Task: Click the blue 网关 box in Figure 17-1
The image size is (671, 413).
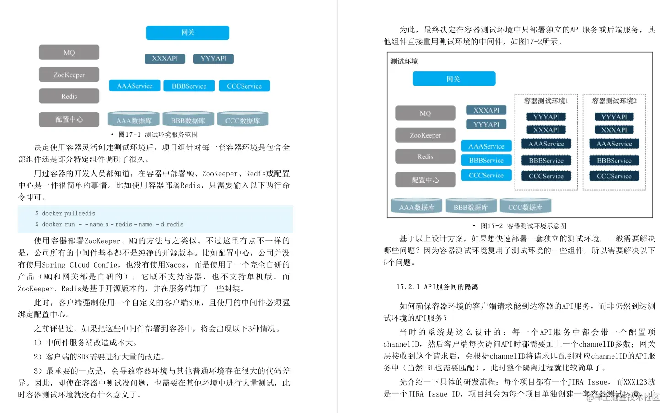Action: [x=188, y=32]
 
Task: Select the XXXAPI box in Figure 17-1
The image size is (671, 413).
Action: [x=165, y=59]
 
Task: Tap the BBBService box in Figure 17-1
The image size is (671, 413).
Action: [x=189, y=86]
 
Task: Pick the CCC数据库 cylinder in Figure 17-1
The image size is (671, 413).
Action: [x=242, y=120]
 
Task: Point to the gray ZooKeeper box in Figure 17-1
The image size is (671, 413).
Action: [x=69, y=75]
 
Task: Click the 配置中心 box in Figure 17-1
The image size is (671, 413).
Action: [x=69, y=119]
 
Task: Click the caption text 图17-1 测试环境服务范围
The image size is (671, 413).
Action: [x=158, y=134]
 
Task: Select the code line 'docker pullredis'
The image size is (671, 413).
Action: [x=68, y=214]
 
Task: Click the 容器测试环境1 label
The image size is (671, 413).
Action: [x=546, y=101]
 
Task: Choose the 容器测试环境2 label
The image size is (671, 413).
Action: [x=614, y=101]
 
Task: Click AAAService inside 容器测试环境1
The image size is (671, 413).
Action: [x=546, y=144]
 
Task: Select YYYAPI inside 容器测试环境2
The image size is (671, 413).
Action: [x=614, y=117]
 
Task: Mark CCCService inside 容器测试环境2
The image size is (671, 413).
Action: [x=614, y=176]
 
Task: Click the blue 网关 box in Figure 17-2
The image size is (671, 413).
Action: [x=454, y=79]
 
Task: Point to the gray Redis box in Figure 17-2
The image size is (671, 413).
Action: [x=425, y=157]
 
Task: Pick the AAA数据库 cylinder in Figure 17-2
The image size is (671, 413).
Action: [x=416, y=207]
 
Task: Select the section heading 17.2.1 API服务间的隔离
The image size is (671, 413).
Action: [x=437, y=287]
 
